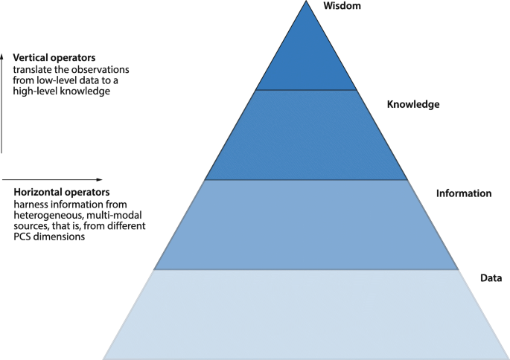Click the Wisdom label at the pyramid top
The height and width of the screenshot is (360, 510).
click(x=341, y=6)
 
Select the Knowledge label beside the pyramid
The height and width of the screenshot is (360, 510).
click(x=413, y=105)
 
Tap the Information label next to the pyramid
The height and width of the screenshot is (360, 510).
click(x=464, y=193)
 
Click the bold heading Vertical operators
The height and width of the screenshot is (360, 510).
click(x=54, y=57)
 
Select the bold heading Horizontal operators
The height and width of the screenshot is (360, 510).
click(x=61, y=192)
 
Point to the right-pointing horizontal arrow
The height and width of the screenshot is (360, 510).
click(x=52, y=179)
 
